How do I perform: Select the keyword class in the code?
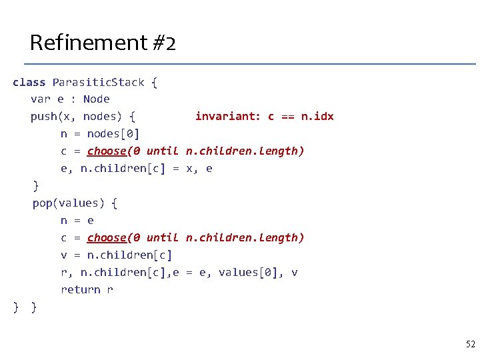(x=29, y=82)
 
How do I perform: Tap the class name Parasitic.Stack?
(x=98, y=82)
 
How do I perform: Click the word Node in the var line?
(x=96, y=99)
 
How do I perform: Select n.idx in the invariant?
(x=317, y=117)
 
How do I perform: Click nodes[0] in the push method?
(x=113, y=134)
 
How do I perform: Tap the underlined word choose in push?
(x=107, y=151)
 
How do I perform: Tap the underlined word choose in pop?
(x=107, y=237)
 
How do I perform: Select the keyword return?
(x=80, y=289)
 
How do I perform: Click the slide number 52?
(x=470, y=344)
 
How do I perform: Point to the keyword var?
(x=40, y=99)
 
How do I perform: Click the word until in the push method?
(x=163, y=151)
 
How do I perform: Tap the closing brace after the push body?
(x=36, y=185)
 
